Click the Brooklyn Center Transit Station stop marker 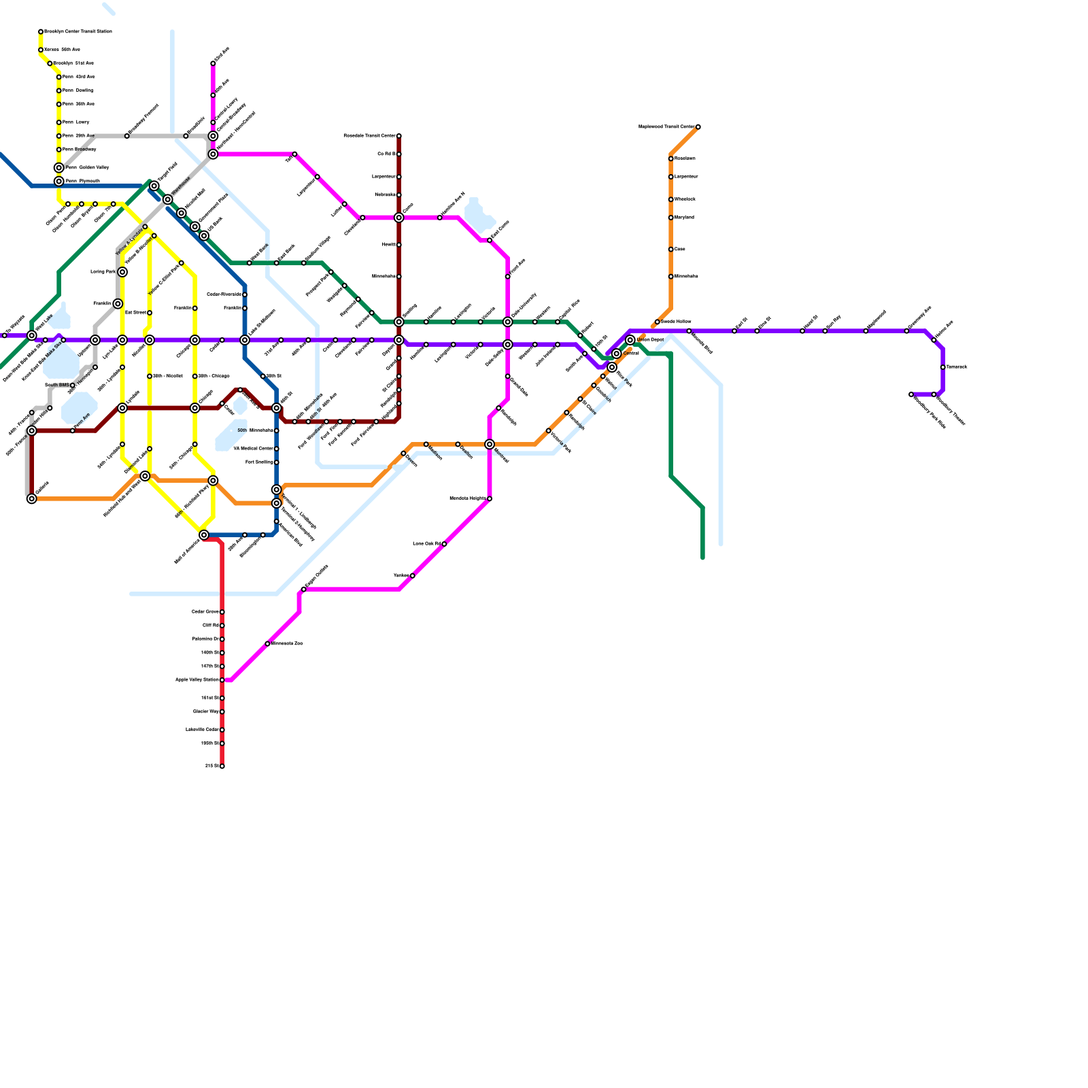(41, 32)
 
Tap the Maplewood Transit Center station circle (698, 127)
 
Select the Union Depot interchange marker (630, 340)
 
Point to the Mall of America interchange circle (204, 535)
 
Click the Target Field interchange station (154, 186)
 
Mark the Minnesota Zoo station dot (267, 643)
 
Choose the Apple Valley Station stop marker (222, 680)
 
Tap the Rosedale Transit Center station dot (399, 136)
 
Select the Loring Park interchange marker (122, 272)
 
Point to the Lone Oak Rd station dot (444, 544)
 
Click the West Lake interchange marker (32, 335)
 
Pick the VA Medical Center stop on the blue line (277, 449)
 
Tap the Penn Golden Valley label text (87, 167)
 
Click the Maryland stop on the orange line (671, 218)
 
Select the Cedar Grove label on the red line (205, 612)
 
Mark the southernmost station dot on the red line (222, 766)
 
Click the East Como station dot (490, 240)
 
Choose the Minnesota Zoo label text (287, 643)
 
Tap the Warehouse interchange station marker (168, 199)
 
